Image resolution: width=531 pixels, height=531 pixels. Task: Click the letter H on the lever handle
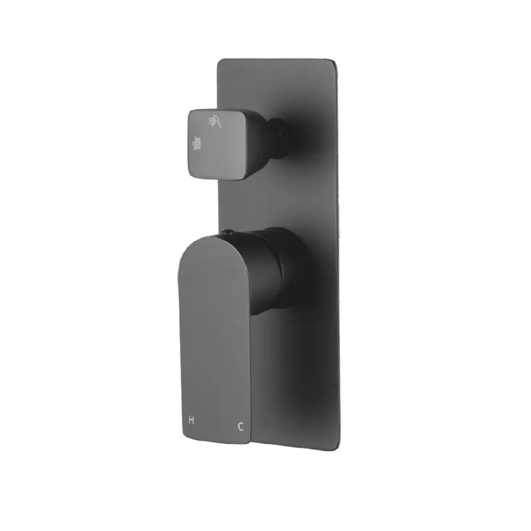192,421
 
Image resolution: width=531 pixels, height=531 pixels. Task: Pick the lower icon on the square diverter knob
196,141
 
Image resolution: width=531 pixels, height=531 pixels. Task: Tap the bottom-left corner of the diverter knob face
192,174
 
